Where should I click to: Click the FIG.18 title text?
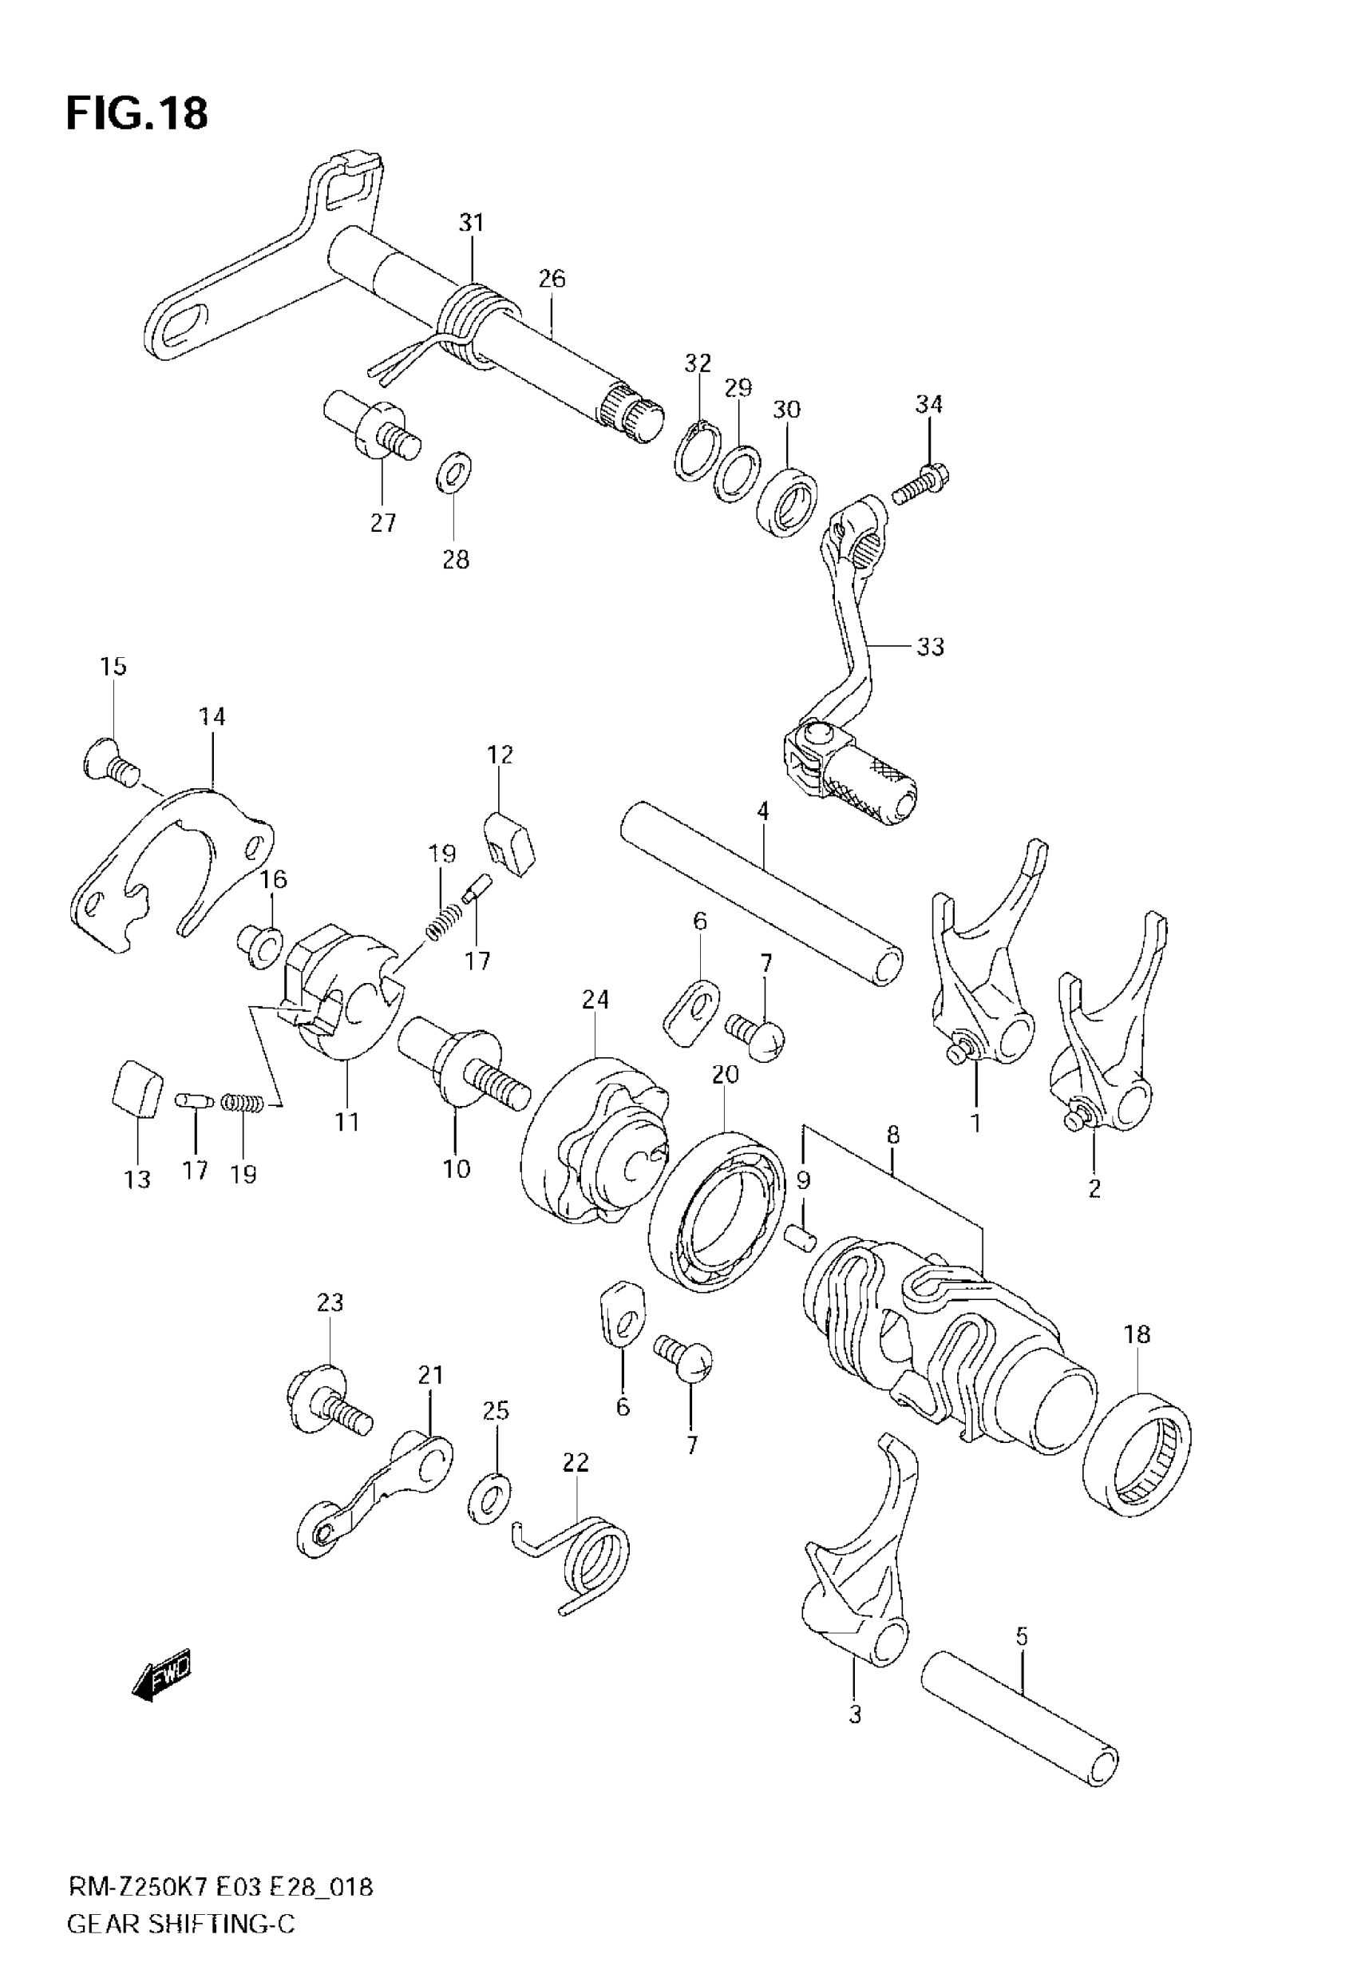[x=136, y=113]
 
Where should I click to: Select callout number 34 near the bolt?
[x=928, y=405]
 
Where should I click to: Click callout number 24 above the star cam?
[x=595, y=999]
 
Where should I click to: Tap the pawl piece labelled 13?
[x=136, y=1089]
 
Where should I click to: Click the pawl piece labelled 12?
[x=509, y=841]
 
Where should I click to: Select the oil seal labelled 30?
[x=786, y=501]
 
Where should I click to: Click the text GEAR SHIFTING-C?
[x=181, y=1924]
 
